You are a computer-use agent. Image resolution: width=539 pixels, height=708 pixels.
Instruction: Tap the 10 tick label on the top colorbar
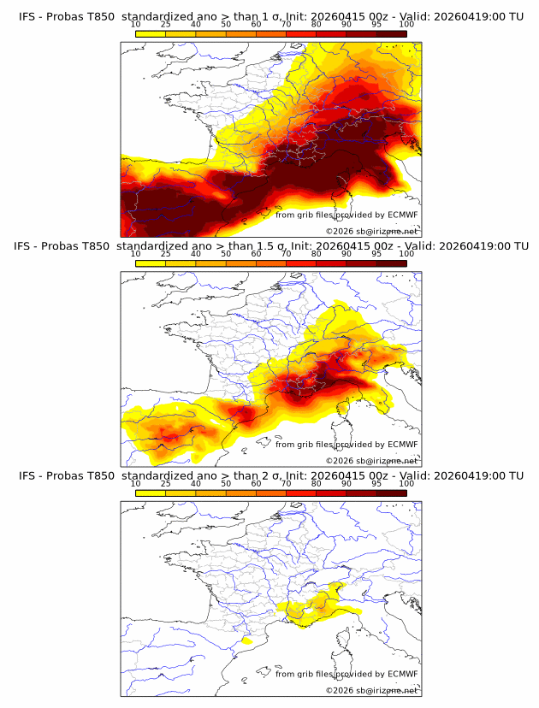tap(136, 25)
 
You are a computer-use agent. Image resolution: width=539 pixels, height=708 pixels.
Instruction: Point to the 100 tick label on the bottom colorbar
tap(406, 483)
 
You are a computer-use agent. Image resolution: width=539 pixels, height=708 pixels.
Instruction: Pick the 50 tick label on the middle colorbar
tap(226, 254)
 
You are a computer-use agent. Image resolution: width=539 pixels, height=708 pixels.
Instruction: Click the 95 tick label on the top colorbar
tap(376, 25)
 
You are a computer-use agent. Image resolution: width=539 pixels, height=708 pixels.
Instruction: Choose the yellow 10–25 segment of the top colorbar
tap(151, 32)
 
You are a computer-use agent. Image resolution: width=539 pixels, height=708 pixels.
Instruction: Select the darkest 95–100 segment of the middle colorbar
tap(391, 262)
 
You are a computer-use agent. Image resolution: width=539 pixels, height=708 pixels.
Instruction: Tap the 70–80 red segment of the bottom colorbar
tap(301, 491)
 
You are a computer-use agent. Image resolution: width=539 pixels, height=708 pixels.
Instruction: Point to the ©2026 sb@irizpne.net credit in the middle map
tap(371, 460)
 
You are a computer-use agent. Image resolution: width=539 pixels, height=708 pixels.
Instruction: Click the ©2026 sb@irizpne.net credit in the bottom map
tap(371, 689)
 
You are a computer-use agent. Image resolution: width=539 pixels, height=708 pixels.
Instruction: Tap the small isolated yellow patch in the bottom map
tap(246, 640)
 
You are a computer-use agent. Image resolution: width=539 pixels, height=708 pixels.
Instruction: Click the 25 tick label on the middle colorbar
tap(166, 254)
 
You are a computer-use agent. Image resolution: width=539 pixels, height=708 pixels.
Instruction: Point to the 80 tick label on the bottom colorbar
tap(317, 483)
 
